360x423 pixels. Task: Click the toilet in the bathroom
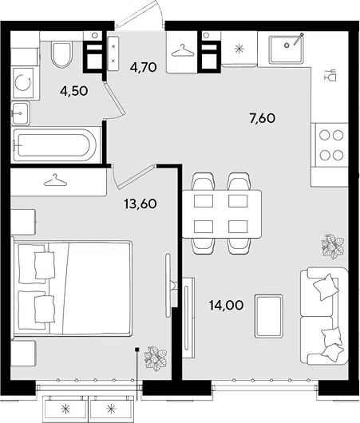coord(61,55)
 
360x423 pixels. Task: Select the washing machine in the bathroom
coord(22,83)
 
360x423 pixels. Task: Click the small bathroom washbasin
coord(20,113)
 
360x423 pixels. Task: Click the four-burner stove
coord(330,145)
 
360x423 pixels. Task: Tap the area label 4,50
coord(74,91)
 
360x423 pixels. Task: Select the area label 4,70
coord(144,67)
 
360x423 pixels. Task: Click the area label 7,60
coord(263,118)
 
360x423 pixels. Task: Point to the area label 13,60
coord(140,204)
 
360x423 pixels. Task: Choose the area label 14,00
coord(226,305)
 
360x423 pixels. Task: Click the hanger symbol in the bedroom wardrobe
coord(55,180)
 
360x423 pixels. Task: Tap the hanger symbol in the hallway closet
coord(183,50)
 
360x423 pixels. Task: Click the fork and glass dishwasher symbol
coord(330,75)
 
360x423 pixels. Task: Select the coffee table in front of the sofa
coord(269,316)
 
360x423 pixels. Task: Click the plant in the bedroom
coord(155,358)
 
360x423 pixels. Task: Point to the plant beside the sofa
coord(333,247)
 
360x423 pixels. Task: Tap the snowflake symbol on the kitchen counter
coord(239,49)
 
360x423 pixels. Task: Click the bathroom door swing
coord(114,101)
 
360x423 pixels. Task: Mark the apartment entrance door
coord(139,14)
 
